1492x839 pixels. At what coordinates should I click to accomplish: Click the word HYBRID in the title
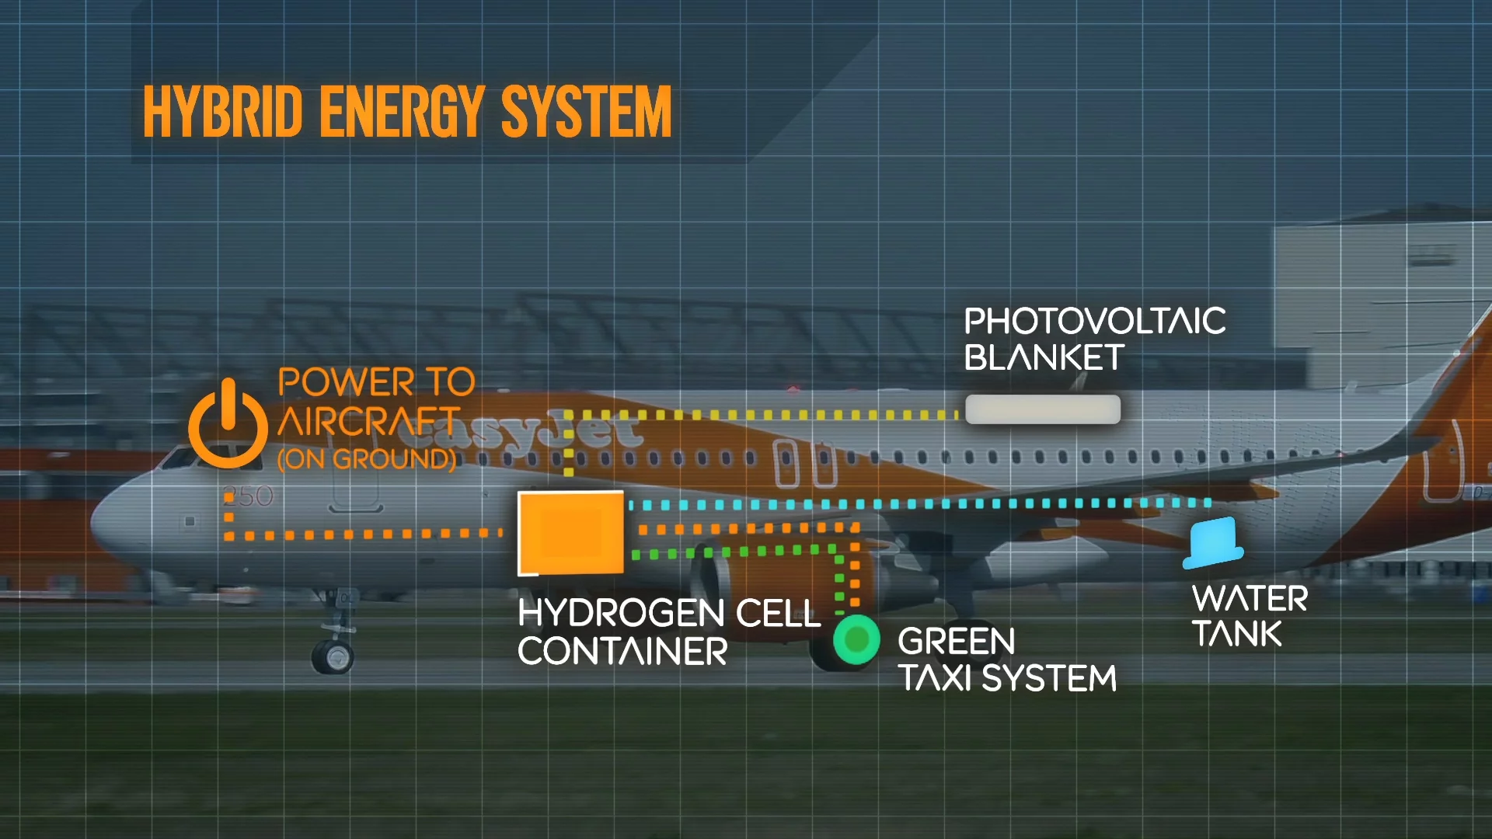tap(222, 113)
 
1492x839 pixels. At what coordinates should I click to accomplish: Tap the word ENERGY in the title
tap(402, 113)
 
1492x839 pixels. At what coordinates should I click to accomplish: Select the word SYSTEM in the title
tap(587, 113)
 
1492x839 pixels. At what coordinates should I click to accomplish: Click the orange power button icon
tap(227, 426)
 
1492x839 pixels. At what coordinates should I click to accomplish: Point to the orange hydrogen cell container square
tap(571, 533)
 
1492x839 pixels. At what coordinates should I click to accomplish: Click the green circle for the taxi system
tap(856, 639)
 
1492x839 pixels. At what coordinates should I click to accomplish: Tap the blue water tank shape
tap(1213, 541)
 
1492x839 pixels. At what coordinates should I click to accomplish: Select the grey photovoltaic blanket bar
tap(1042, 409)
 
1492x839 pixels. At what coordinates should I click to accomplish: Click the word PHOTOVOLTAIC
tap(1094, 322)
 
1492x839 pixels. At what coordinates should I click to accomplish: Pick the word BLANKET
tap(1044, 358)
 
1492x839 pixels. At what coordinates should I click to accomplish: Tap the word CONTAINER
tap(622, 651)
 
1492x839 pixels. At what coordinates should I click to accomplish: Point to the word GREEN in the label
tap(956, 642)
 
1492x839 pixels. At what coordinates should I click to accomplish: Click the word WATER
tap(1250, 599)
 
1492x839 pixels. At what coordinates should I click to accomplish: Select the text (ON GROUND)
tap(367, 459)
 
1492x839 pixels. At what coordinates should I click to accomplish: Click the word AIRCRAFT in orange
tap(369, 422)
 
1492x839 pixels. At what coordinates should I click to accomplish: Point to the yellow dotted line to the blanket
tap(762, 415)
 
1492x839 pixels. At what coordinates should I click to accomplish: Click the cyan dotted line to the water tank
tap(917, 504)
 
